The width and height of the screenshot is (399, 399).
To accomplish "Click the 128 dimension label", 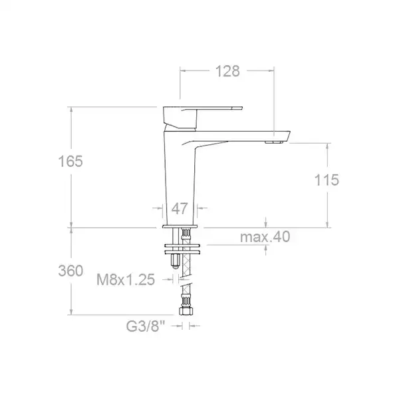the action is pyautogui.click(x=227, y=71).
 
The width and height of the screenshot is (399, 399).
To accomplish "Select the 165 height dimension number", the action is pyautogui.click(x=70, y=162).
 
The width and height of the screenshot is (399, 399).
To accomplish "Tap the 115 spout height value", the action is pyautogui.click(x=327, y=180).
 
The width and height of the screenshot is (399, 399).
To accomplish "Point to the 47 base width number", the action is pyautogui.click(x=180, y=209).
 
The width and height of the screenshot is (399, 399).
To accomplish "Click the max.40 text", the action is pyautogui.click(x=265, y=237).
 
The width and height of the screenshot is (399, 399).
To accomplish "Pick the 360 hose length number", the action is pyautogui.click(x=70, y=271).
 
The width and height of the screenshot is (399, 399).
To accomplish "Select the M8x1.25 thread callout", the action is pyautogui.click(x=126, y=280).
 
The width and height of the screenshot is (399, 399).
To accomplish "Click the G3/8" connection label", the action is pyautogui.click(x=146, y=326).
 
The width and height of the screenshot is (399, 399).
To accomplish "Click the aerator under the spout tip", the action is pyautogui.click(x=274, y=142).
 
